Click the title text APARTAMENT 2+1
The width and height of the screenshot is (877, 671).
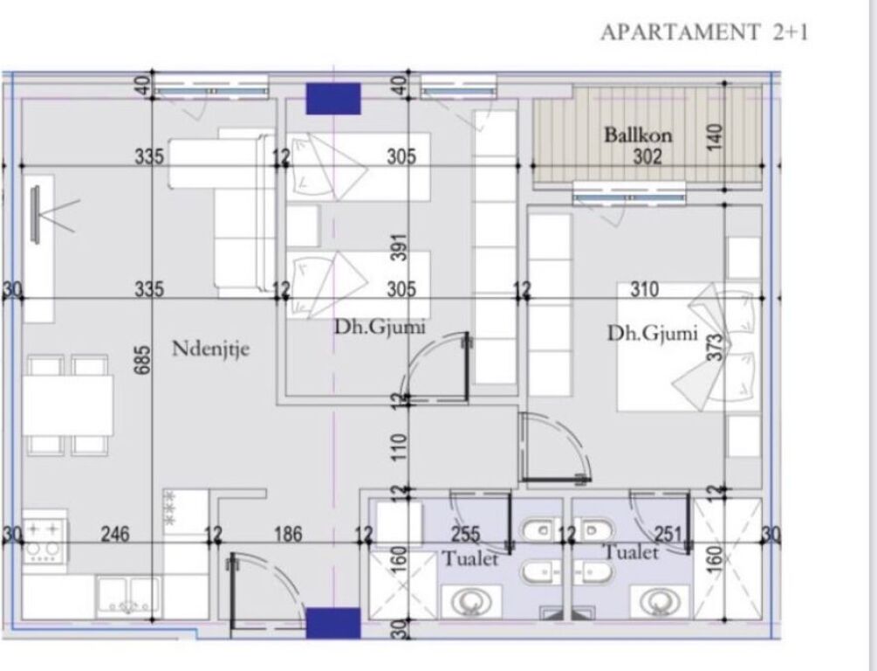click(x=704, y=33)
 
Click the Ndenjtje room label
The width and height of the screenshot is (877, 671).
click(x=210, y=349)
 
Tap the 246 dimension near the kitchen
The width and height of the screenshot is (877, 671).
click(x=114, y=534)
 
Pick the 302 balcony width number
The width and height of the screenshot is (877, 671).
click(x=648, y=157)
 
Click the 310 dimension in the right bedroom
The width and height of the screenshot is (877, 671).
click(x=644, y=289)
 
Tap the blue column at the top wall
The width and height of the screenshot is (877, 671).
click(x=332, y=98)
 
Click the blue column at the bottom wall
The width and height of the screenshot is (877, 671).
click(x=332, y=623)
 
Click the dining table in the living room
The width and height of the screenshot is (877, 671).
click(x=67, y=405)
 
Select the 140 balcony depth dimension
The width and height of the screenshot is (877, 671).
click(x=716, y=137)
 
